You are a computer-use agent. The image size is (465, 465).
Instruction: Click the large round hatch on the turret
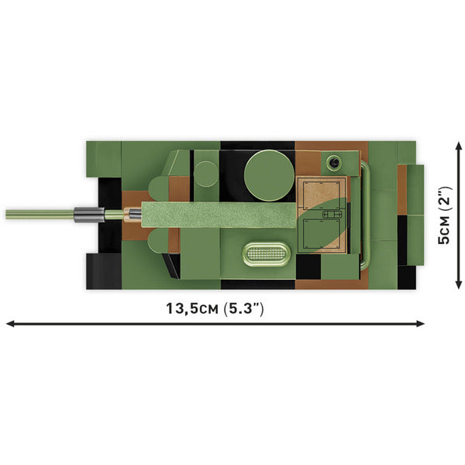tap(268, 170)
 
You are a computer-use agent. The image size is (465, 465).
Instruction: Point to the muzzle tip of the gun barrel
tap(8, 214)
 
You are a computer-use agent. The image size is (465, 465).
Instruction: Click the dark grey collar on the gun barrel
tap(87, 213)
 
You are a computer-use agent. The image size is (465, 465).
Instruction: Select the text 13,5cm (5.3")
tap(215, 308)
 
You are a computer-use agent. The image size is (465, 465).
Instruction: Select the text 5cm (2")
tap(443, 215)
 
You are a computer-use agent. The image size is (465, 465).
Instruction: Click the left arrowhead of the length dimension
tap(11, 322)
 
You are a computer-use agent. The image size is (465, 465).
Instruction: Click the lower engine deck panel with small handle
tap(321, 236)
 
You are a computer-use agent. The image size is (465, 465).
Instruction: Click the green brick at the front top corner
tap(103, 159)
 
